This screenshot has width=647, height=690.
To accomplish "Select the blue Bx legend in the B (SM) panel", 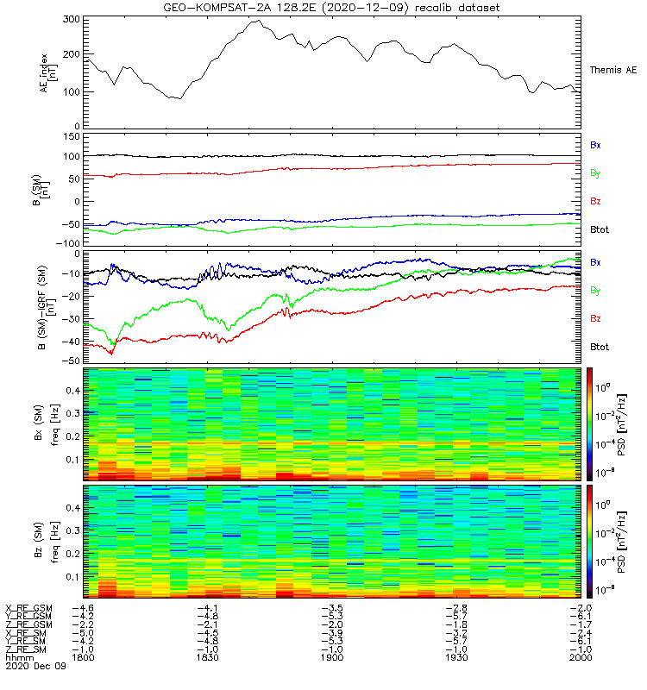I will tap(595, 145).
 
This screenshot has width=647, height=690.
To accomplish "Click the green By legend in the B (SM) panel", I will tap(595, 173).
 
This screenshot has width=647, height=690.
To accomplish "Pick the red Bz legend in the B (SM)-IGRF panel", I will tap(595, 318).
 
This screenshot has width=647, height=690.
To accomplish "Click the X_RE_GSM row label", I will tap(28, 608).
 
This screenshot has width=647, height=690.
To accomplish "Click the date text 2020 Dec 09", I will tap(35, 667).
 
